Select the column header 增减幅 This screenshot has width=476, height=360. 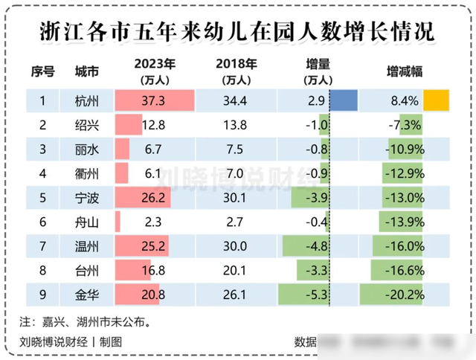[405, 71]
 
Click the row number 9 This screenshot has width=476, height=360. [42, 295]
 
